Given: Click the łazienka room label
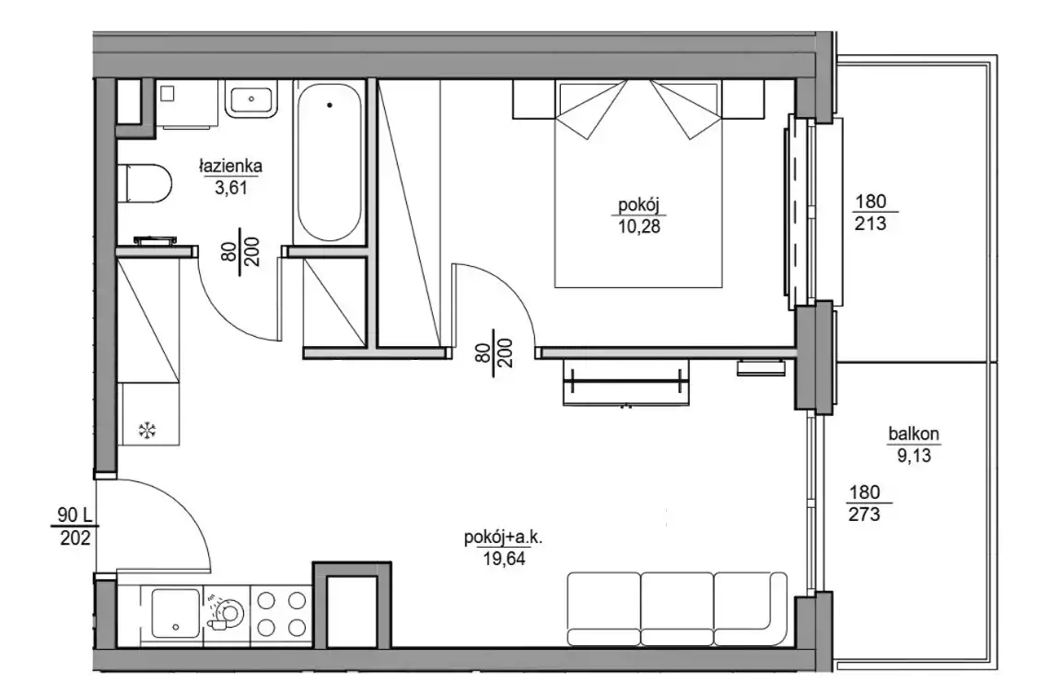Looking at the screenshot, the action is pyautogui.click(x=230, y=166).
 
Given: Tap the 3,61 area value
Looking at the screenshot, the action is pyautogui.click(x=231, y=188).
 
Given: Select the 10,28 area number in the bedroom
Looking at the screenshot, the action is pyautogui.click(x=638, y=226).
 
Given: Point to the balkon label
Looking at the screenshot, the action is pyautogui.click(x=914, y=434).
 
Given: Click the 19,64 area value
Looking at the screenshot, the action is pyautogui.click(x=504, y=559).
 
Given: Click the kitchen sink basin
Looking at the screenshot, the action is pyautogui.click(x=176, y=613).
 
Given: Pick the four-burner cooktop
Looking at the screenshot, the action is pyautogui.click(x=280, y=613).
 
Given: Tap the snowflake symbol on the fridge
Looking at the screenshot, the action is pyautogui.click(x=147, y=430).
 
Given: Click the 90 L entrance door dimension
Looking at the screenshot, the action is pyautogui.click(x=75, y=515).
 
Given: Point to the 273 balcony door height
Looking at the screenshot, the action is pyautogui.click(x=864, y=515).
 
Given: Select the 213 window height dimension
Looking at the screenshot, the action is pyautogui.click(x=870, y=224).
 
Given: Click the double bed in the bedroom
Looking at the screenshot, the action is pyautogui.click(x=638, y=183).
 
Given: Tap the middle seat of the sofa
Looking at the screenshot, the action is pyautogui.click(x=677, y=608).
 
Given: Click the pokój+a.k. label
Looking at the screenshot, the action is pyautogui.click(x=504, y=538).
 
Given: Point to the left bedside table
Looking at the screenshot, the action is pyautogui.click(x=534, y=100).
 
